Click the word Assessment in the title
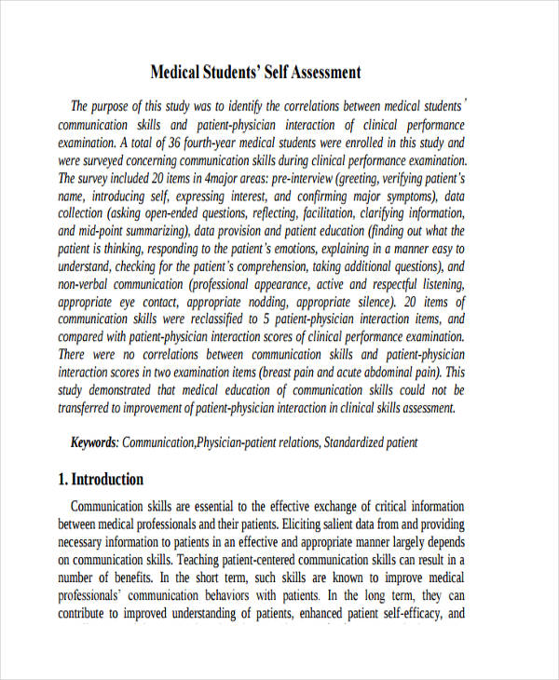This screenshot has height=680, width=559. [x=316, y=73]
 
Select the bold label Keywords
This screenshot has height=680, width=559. [x=94, y=442]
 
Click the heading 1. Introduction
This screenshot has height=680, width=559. [x=101, y=480]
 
